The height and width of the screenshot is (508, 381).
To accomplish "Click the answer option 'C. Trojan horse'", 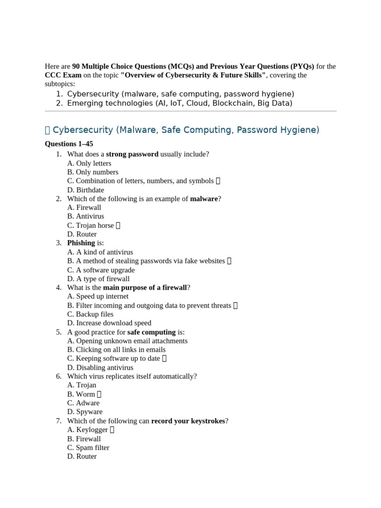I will tap(91, 225).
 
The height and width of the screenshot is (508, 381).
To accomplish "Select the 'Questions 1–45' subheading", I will tap(69, 144).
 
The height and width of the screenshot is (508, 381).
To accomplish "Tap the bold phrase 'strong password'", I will tap(132, 154).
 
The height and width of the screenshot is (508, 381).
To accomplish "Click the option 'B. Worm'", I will tap(81, 394).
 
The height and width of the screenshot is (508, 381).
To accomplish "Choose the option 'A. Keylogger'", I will tap(88, 430).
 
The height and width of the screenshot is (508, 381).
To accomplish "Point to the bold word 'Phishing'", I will tap(81, 243).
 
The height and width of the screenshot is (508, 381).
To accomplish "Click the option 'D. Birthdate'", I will tap(86, 190).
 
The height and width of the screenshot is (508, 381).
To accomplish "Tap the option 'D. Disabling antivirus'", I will tap(100, 368).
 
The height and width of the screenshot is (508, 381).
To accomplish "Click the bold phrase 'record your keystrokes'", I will tap(188, 421).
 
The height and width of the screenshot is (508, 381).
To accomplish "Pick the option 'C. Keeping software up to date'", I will tap(114, 358).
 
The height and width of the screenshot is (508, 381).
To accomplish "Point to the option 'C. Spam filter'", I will tap(88, 447).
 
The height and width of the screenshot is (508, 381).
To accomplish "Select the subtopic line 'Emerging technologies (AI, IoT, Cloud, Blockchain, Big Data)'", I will tap(180, 103).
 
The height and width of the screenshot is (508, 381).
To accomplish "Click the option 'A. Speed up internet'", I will tap(98, 296).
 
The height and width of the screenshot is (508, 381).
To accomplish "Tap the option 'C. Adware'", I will tap(83, 403).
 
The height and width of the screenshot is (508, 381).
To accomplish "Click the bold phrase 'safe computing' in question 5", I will tap(151, 332).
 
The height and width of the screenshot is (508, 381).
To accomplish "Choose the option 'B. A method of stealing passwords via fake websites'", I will tap(146, 261).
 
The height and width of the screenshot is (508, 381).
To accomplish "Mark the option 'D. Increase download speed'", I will tap(109, 323).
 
